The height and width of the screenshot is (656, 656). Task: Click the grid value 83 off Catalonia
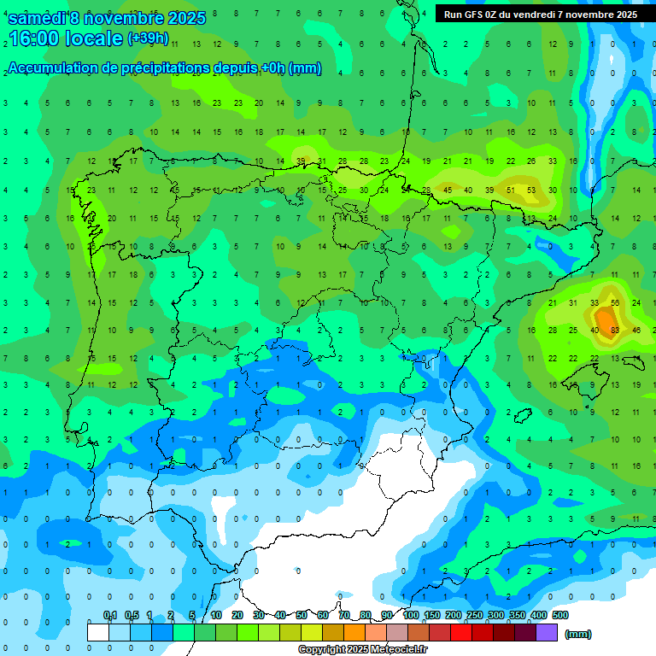pos(615,330)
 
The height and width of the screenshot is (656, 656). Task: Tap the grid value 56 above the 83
pos(615,302)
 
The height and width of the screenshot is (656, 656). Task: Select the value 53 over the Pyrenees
pos(531,190)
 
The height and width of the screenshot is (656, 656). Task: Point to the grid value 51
pos(511,190)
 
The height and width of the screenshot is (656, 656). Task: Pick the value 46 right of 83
pos(637,330)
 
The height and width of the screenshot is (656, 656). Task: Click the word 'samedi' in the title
pos(37,17)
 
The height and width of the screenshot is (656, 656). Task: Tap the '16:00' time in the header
pos(35,39)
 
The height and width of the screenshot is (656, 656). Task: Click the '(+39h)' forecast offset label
pos(148,38)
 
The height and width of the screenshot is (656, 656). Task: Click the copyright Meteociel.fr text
pos(363,650)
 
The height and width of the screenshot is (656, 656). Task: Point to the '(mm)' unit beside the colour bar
pos(578,634)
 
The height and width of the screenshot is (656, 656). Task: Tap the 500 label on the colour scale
pos(560,615)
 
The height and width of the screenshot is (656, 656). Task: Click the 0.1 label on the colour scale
pos(110,615)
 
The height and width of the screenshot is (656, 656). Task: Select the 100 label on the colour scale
pos(410,615)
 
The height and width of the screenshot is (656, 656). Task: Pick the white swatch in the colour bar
pos(98,632)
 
